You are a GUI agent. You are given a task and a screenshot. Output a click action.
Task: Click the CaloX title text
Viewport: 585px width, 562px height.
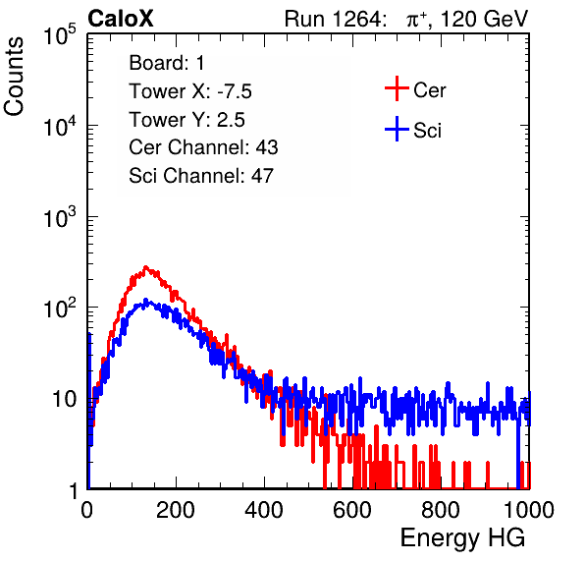click(120, 19)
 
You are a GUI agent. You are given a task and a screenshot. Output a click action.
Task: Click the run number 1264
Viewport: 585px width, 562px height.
click(357, 19)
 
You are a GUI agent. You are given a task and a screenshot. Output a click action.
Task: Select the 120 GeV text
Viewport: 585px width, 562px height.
click(485, 19)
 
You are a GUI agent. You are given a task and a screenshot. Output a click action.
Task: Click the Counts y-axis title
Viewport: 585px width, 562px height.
click(14, 77)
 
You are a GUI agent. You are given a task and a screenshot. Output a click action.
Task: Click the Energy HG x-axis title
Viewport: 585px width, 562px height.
click(462, 538)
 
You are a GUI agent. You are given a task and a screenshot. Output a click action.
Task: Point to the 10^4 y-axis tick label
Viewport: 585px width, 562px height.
click(60, 126)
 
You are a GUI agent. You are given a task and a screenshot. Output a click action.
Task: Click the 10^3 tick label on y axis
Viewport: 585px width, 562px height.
click(60, 217)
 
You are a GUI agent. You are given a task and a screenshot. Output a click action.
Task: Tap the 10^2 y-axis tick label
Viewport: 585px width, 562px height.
click(60, 309)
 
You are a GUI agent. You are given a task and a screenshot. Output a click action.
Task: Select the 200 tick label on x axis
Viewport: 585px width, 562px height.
click(176, 510)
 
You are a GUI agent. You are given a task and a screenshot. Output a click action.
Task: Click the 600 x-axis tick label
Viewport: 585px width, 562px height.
click(352, 510)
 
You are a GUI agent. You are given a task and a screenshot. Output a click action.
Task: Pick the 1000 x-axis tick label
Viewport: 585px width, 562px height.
click(529, 510)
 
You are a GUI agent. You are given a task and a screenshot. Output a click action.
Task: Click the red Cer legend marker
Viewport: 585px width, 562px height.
click(397, 88)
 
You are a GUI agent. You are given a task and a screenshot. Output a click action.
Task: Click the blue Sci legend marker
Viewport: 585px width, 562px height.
click(397, 130)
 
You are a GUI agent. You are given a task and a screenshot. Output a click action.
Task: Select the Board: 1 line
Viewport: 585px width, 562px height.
click(167, 63)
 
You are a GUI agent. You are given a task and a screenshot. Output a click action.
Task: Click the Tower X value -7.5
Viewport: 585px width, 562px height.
click(235, 91)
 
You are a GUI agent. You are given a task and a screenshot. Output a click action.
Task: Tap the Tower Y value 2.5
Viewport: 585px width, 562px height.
click(231, 120)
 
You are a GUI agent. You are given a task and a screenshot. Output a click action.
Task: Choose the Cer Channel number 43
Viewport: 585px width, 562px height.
click(267, 147)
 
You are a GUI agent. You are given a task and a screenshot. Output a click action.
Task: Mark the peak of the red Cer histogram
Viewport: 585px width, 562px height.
click(146, 267)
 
